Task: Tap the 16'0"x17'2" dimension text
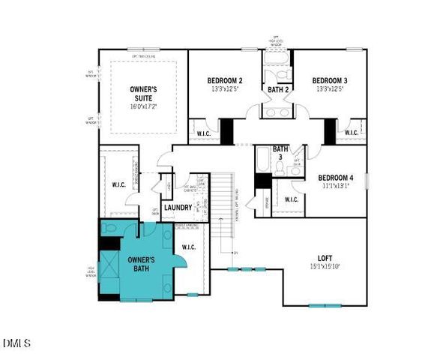[142, 106]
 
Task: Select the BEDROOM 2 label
[225, 80]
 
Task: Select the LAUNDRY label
[178, 208]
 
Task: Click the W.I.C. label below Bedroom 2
[204, 133]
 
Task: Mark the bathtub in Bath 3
[262, 159]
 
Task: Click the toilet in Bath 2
[278, 74]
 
